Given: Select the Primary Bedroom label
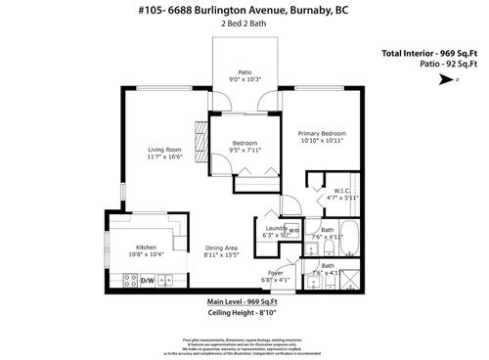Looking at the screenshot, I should click(322, 133).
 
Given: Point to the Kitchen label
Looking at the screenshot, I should click(147, 248).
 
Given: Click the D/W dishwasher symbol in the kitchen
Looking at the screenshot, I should click(148, 281).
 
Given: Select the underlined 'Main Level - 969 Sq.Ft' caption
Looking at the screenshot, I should click(244, 302).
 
